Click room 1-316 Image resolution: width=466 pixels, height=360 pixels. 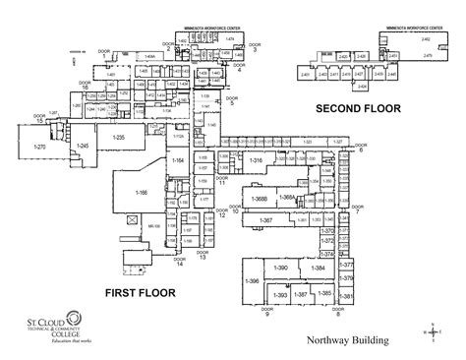coord(256,159)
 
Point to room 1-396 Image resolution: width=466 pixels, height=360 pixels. coord(253,281)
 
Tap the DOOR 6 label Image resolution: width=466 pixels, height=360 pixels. coord(360,148)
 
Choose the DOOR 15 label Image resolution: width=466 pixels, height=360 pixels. coord(40,118)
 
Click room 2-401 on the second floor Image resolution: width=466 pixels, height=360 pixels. coord(306,75)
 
